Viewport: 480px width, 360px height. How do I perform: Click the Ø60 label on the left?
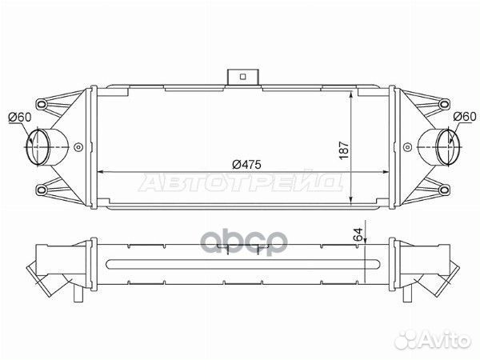[x=19, y=118]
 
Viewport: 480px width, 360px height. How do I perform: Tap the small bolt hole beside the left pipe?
[x=78, y=147]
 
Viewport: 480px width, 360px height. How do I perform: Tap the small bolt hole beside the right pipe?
[x=405, y=147]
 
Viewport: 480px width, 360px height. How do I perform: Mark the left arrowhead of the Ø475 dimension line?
[x=100, y=171]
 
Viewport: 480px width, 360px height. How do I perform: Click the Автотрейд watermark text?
[x=240, y=183]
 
